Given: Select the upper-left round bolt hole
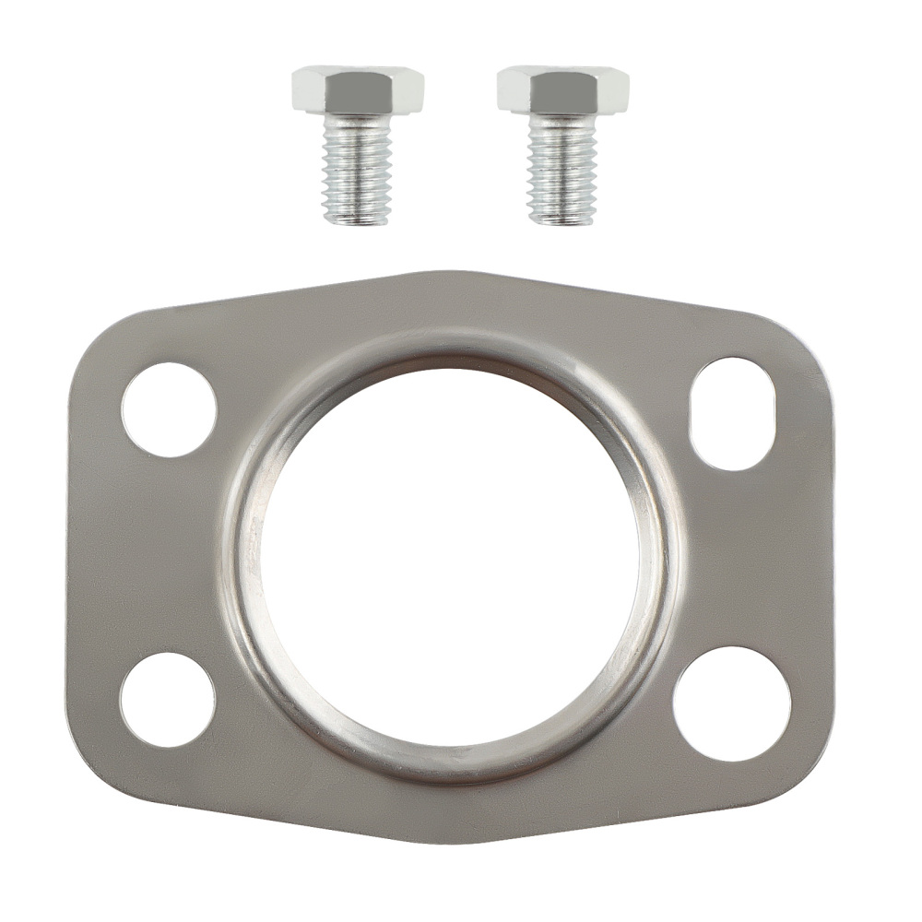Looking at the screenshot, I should [169, 409].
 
